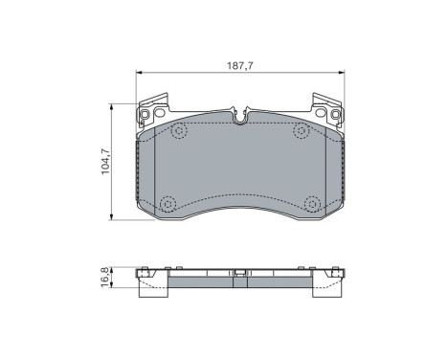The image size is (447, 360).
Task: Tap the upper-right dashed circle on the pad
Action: [x=300, y=129]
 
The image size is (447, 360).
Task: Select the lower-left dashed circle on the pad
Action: [x=169, y=203]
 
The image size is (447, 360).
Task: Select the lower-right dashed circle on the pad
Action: [x=311, y=203]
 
